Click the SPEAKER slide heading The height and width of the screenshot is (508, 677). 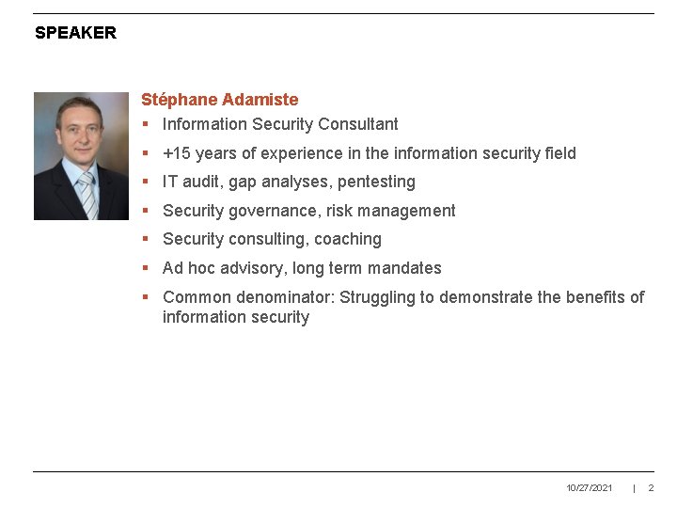pos(75,33)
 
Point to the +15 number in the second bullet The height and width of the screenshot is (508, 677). pos(176,153)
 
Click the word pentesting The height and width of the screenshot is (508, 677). pos(376,182)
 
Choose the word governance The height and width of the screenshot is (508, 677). pos(273,211)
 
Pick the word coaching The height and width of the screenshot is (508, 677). pos(348,239)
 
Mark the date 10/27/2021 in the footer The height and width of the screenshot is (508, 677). pos(590,488)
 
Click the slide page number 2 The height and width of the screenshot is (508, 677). pos(651,488)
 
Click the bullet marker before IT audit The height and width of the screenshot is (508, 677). pos(146,183)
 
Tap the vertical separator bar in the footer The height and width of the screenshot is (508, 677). pos(635,488)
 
